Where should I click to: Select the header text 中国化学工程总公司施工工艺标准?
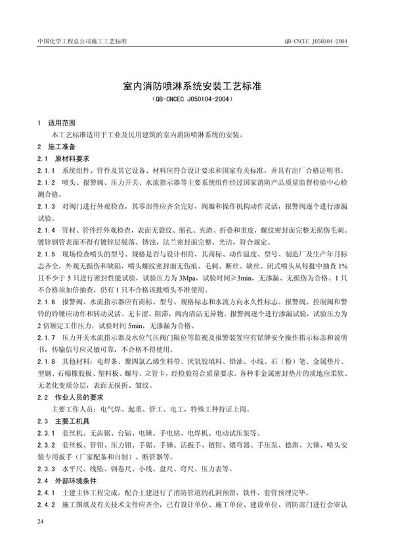click(x=79, y=41)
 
